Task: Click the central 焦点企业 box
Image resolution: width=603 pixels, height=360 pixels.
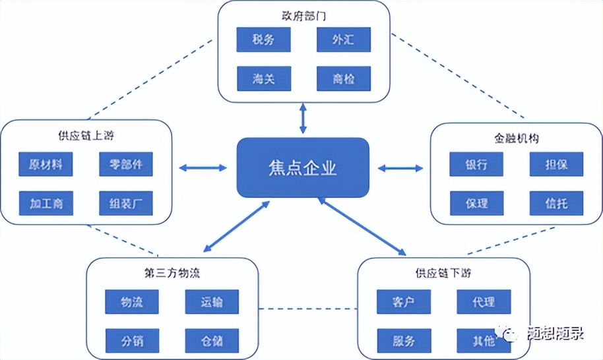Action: [x=303, y=167]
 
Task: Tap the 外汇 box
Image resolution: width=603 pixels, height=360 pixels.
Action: [x=343, y=40]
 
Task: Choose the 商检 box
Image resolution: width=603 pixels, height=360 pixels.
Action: [x=343, y=79]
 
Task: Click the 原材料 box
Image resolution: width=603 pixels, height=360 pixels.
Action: [x=46, y=164]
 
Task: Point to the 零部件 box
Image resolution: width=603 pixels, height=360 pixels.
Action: [x=126, y=164]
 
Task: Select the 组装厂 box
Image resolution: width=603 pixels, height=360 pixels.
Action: [x=126, y=203]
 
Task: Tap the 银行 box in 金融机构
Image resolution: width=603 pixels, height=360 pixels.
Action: [x=476, y=164]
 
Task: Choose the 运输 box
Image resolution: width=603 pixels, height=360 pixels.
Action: [x=212, y=302]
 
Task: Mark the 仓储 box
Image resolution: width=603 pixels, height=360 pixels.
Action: [x=212, y=341]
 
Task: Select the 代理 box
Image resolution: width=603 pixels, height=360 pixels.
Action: [x=484, y=302]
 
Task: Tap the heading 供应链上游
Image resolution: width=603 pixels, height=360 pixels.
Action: [x=86, y=136]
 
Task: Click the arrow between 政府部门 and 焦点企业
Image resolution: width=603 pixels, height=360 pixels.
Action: [x=303, y=119]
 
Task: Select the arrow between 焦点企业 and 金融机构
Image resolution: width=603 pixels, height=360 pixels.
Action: [x=400, y=168]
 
